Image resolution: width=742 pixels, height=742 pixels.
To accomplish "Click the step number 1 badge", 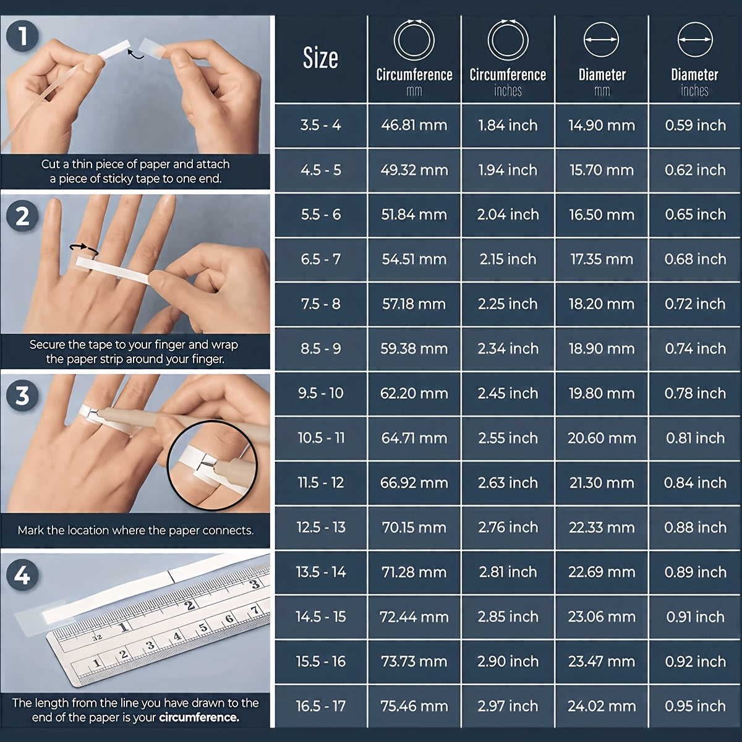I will click(x=22, y=36).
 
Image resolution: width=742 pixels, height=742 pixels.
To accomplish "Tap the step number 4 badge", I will click(x=22, y=576).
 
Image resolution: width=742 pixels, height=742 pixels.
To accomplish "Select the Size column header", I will click(x=320, y=59).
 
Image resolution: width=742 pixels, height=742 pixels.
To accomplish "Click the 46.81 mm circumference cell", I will click(x=414, y=126).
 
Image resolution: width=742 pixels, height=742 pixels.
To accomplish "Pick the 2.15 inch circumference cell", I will click(x=508, y=260).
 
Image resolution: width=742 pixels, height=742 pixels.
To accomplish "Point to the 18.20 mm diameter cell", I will click(x=601, y=304).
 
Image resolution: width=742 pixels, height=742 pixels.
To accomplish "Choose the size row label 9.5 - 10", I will click(x=320, y=393).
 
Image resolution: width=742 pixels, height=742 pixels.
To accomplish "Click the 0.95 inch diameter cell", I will click(x=695, y=706).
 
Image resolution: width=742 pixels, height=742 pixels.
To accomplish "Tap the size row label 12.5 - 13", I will click(x=320, y=527).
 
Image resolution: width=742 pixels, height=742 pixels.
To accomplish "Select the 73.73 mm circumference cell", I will click(x=414, y=662).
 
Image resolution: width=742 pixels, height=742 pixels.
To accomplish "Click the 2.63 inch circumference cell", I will click(x=508, y=483).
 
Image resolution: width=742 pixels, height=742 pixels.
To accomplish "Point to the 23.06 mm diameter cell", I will click(x=601, y=617).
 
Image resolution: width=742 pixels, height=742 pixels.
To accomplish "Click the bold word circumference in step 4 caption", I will click(x=198, y=718).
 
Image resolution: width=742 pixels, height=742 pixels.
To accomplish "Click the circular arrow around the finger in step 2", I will click(x=84, y=249).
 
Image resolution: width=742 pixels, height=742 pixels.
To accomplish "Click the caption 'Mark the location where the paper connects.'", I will click(x=135, y=531).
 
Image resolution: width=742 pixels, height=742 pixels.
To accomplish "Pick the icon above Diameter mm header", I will click(x=601, y=40).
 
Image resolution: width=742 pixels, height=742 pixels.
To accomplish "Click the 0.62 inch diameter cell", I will click(x=695, y=170).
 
